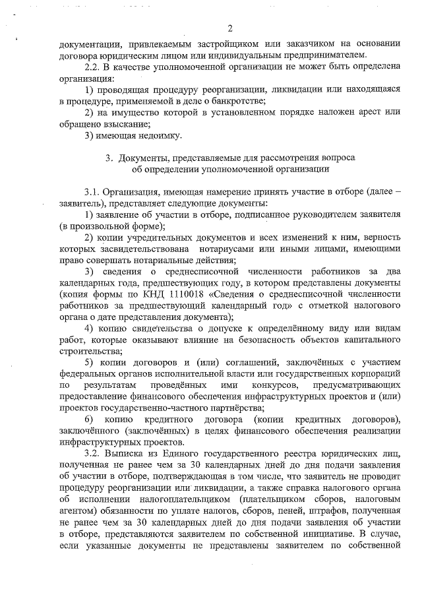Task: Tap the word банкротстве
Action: [237, 101]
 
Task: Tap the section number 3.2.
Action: [94, 455]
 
